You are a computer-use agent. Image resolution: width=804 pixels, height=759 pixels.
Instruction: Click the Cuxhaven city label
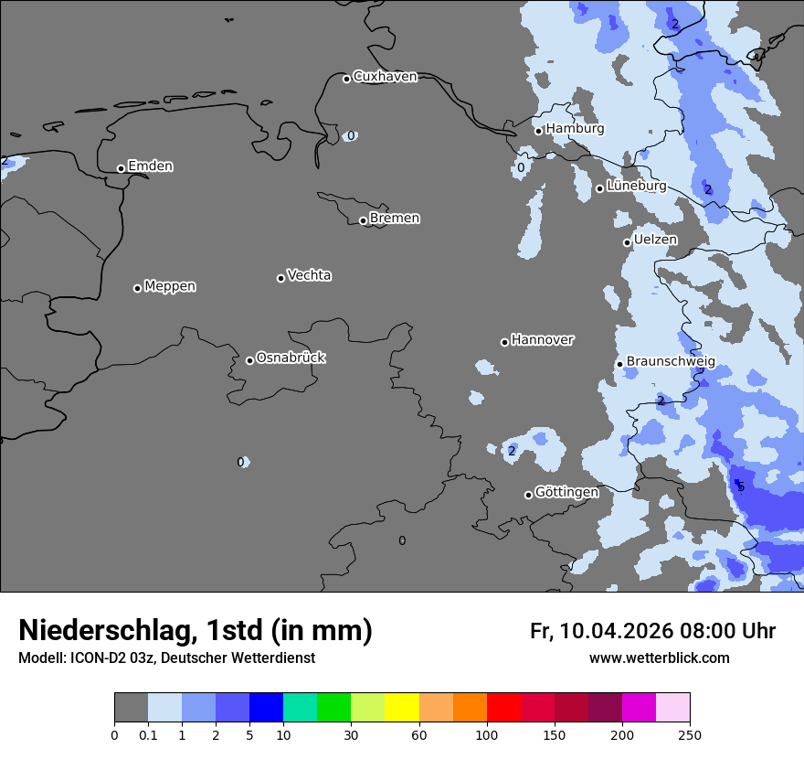[385, 77]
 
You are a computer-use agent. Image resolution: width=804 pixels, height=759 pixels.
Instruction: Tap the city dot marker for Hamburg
[539, 131]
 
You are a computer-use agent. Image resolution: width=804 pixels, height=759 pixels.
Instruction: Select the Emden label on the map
[150, 166]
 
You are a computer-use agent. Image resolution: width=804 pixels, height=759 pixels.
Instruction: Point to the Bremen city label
[395, 219]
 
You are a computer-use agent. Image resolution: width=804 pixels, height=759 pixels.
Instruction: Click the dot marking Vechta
[280, 278]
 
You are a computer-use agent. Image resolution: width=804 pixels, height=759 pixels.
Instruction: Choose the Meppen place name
[170, 286]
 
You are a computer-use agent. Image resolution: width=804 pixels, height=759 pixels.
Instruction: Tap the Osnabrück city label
[291, 358]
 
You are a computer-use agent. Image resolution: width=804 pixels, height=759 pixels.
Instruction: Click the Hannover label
[542, 340]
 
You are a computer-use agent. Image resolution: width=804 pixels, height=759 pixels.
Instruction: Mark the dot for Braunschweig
[619, 364]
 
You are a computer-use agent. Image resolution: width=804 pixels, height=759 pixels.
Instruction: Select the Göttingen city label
[566, 493]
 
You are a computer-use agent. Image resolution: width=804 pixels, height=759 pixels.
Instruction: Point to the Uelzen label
[655, 240]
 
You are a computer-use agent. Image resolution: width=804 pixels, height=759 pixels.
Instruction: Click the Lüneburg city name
[636, 186]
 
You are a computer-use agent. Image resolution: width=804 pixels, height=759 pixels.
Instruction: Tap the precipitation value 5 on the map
[741, 486]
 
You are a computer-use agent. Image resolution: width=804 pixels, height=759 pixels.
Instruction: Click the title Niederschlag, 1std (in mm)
[196, 630]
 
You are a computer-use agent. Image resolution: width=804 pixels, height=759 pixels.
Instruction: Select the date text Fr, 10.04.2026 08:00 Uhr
[652, 631]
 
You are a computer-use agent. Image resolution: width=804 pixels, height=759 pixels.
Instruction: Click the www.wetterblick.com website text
[659, 658]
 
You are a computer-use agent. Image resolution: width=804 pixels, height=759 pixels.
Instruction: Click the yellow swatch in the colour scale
[401, 708]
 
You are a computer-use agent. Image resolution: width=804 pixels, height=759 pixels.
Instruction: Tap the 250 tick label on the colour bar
[689, 734]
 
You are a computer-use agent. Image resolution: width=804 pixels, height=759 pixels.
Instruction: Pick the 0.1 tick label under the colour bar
[148, 734]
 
